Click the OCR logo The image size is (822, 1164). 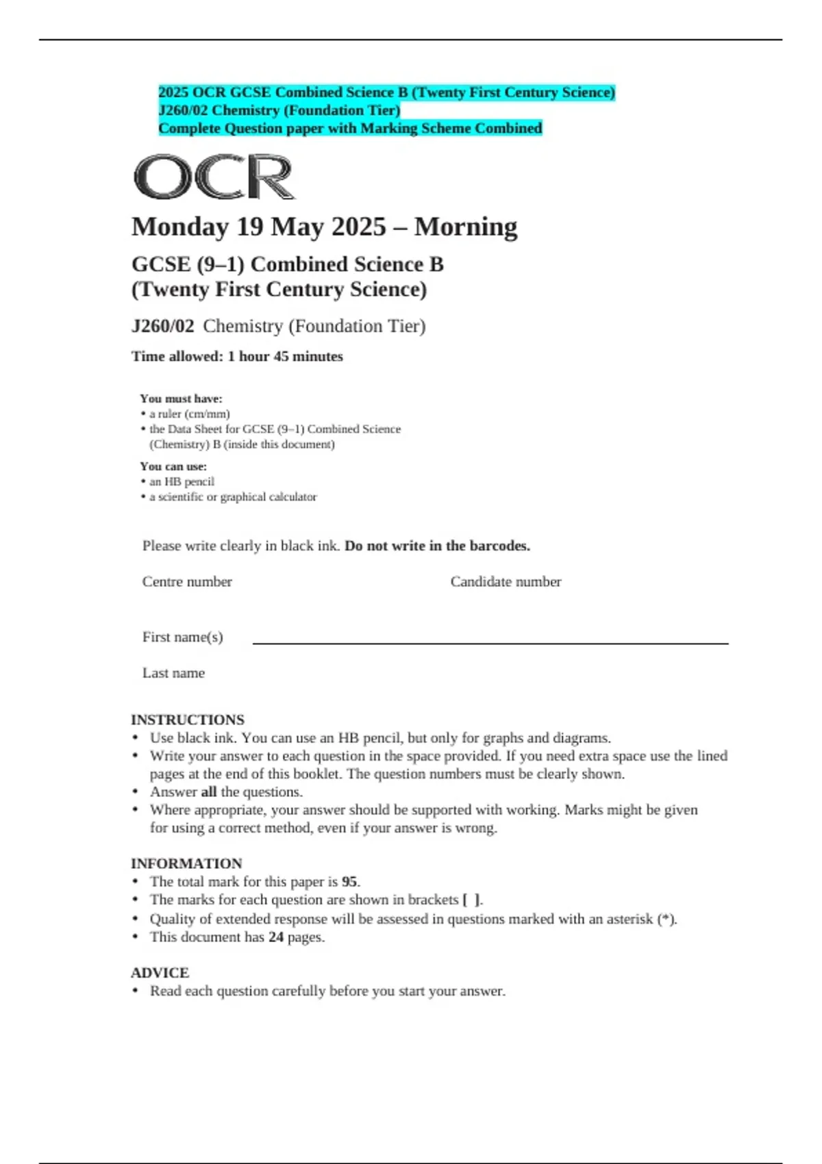(214, 177)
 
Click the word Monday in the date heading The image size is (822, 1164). (179, 227)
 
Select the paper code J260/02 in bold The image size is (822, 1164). (163, 326)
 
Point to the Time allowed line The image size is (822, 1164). (237, 356)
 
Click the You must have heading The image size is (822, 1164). (181, 398)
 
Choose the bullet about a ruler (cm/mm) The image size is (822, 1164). (189, 414)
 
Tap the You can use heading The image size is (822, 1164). (173, 466)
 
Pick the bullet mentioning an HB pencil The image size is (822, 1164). (182, 481)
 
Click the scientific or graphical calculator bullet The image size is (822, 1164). (233, 496)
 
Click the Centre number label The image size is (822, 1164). (187, 581)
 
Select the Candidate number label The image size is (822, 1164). (506, 581)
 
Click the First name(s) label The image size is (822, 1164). (182, 637)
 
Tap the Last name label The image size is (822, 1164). (173, 673)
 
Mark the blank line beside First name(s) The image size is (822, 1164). (490, 642)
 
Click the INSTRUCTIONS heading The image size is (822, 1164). (188, 720)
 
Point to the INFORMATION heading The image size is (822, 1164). (186, 863)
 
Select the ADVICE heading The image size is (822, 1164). (160, 972)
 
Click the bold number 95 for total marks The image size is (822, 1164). (349, 882)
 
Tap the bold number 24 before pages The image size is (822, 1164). (276, 937)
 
